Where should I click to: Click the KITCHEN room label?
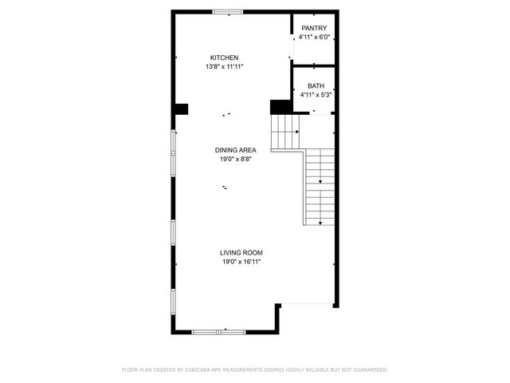pos(224,57)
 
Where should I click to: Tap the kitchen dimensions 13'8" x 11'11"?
pos(224,67)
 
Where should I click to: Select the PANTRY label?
pos(314,28)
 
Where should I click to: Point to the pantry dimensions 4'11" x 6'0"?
pos(314,38)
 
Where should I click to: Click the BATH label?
pos(316,85)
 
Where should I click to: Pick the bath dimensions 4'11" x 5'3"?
pos(316,95)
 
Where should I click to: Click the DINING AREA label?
pos(236,150)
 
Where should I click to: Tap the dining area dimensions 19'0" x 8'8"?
pos(236,160)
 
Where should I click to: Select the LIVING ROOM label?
pos(241,253)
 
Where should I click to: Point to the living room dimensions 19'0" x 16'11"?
pos(241,262)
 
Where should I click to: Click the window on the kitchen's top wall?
pos(228,12)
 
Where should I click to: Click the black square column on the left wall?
pos(181,109)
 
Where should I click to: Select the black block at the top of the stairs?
pos(280,106)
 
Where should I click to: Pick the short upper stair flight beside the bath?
pos(285,130)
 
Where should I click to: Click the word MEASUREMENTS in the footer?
pos(255,370)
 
